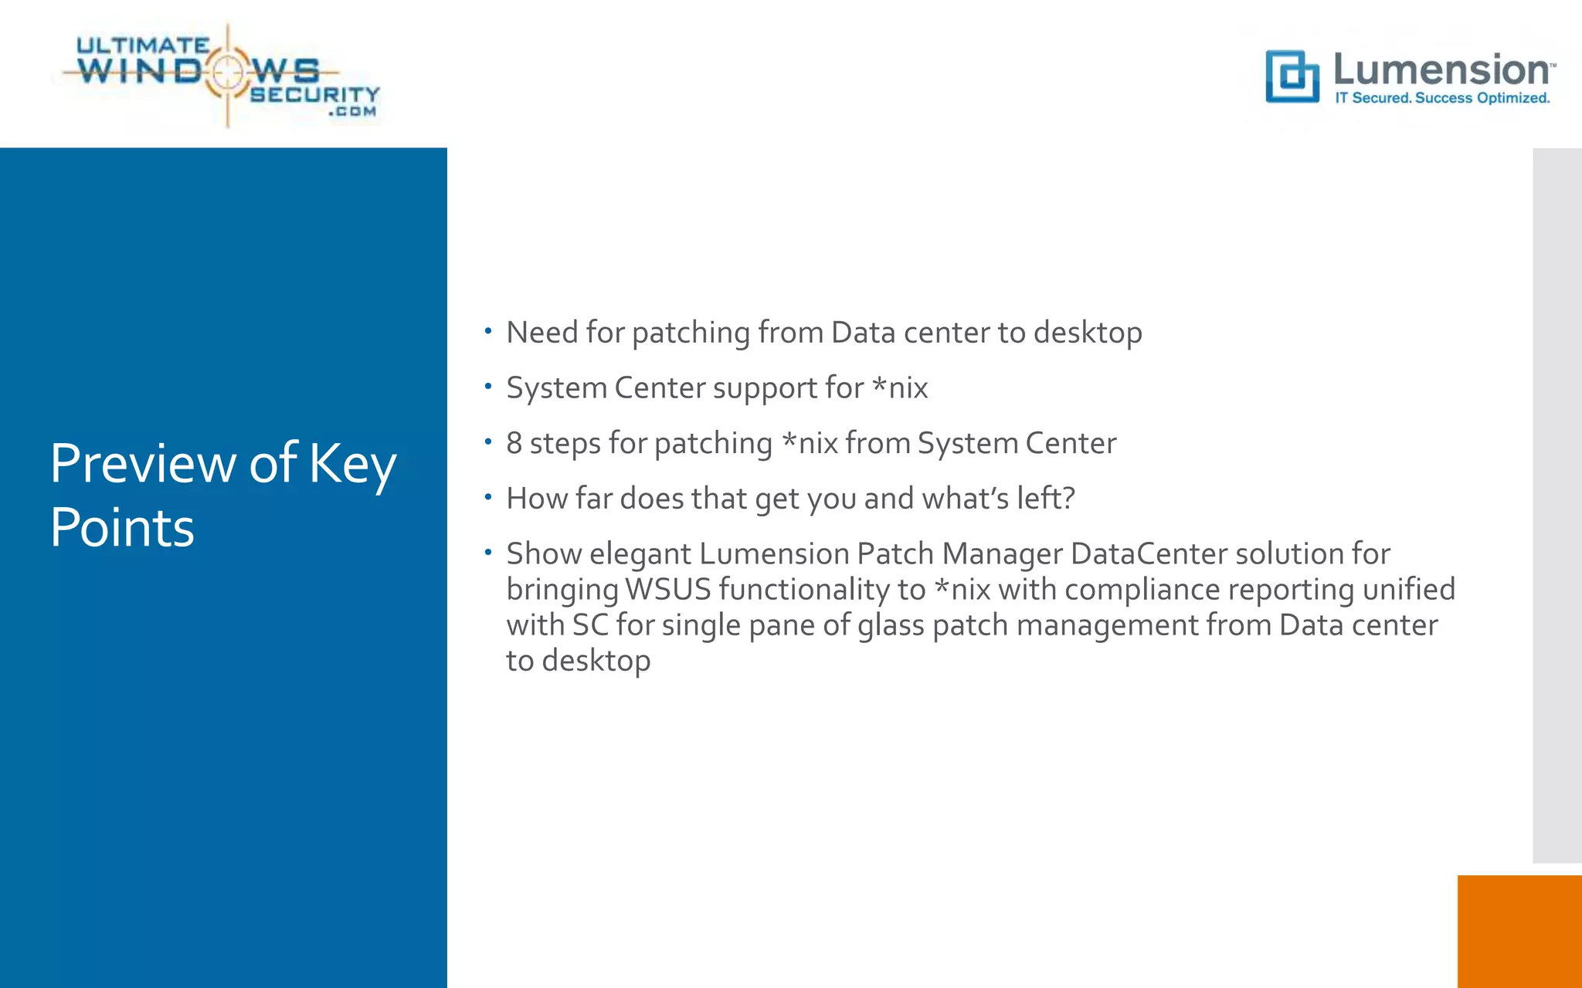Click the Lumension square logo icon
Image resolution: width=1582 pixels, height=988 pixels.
(x=1292, y=76)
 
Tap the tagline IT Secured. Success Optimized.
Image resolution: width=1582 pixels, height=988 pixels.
(x=1442, y=98)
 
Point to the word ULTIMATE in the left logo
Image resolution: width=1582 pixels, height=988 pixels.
(x=143, y=46)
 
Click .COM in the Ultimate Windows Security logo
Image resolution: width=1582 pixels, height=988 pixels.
(x=352, y=112)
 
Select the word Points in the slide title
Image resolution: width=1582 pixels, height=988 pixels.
(x=122, y=528)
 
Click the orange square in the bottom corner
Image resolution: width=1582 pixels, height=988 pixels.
(x=1519, y=931)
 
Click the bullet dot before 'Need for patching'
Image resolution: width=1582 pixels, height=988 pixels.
(x=488, y=330)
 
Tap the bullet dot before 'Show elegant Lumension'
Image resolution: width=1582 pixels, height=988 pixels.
(x=488, y=552)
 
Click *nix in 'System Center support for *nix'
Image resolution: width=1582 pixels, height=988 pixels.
(x=900, y=387)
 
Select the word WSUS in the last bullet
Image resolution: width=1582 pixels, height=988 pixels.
(x=667, y=590)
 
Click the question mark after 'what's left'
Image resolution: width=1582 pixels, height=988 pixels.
(x=1068, y=499)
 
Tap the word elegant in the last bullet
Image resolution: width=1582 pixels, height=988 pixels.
(x=640, y=555)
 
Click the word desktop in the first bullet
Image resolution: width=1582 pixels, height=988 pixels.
(x=1088, y=333)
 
